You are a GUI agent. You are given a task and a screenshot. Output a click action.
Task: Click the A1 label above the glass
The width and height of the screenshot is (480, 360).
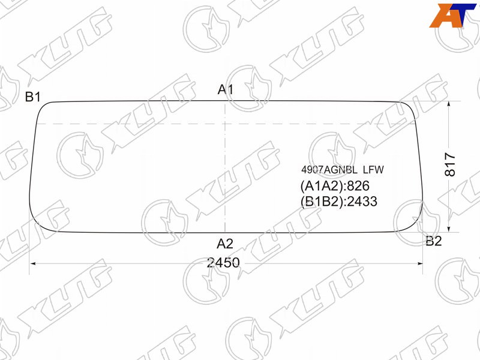pos(226,89)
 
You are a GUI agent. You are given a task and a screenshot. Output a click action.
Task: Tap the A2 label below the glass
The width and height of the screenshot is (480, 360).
pos(225,244)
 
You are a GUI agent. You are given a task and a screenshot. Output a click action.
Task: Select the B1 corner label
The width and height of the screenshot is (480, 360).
pos(33,97)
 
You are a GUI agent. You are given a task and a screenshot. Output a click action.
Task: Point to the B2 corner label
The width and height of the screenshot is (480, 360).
pos(434,241)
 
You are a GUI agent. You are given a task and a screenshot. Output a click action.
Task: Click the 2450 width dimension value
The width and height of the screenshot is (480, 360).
pos(223,263)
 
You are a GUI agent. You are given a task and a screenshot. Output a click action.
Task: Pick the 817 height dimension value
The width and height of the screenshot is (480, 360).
pos(450,164)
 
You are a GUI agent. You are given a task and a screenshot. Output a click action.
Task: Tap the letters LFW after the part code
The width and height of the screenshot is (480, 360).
pos(373,170)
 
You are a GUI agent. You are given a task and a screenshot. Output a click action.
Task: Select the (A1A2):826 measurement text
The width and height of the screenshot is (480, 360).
pos(335,186)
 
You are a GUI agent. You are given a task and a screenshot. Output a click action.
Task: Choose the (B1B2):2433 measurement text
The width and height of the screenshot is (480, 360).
pos(339,202)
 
